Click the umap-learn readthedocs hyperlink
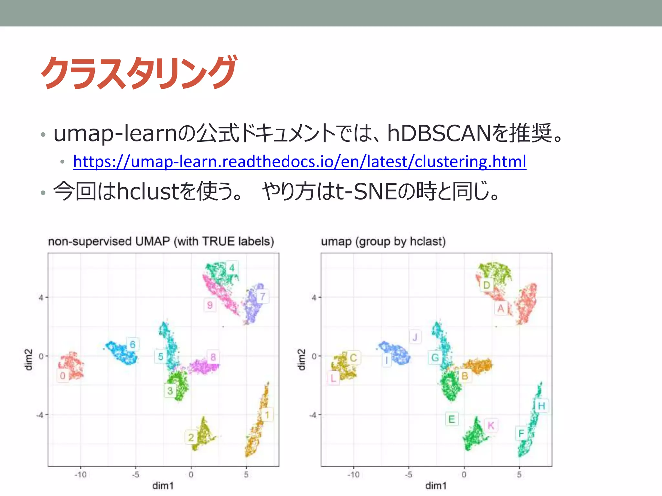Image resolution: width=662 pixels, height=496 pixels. coord(299,161)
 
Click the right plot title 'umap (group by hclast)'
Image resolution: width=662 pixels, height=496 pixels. coord(383,241)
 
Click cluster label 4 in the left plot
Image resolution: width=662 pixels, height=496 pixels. coord(232,268)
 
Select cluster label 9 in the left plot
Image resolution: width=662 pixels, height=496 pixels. coord(210,305)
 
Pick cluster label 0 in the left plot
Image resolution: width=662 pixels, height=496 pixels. coord(63,376)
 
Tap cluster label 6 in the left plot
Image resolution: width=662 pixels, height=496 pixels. coord(133,345)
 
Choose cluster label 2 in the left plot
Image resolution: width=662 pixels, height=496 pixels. coord(191,438)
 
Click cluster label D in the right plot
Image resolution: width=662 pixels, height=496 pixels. coord(486,285)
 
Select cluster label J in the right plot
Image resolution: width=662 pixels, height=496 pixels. coord(415,337)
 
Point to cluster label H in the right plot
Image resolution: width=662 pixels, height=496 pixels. coord(541,406)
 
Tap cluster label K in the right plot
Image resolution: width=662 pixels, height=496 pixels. coord(491,426)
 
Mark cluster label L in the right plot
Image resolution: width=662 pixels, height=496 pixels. coord(333,378)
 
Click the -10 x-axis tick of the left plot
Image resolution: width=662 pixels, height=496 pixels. coord(80,475)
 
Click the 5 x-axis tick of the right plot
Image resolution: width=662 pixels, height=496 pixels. coord(519,475)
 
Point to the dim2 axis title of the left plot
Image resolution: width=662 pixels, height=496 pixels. coord(29,360)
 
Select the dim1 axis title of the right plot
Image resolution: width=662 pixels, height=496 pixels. coord(436,486)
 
